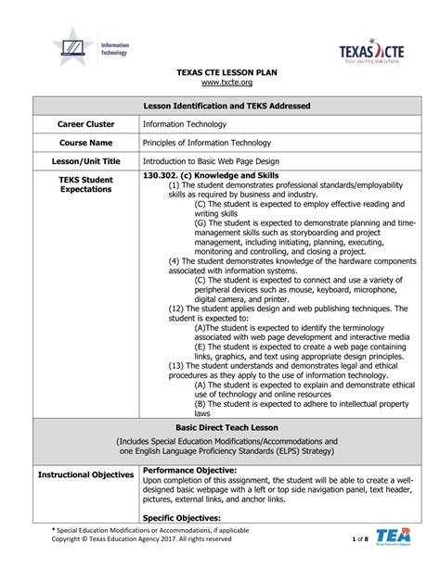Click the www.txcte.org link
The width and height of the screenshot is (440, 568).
click(x=220, y=82)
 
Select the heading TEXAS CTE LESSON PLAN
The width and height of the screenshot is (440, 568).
click(x=220, y=71)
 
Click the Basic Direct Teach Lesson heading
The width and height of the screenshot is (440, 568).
click(x=220, y=428)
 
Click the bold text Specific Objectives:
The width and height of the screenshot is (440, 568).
click(x=182, y=517)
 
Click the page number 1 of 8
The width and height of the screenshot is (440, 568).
click(x=360, y=538)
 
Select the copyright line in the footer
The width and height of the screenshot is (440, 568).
click(x=141, y=538)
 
